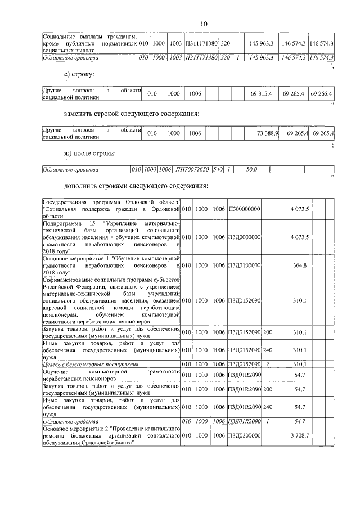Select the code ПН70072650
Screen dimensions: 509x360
tap(192, 169)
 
